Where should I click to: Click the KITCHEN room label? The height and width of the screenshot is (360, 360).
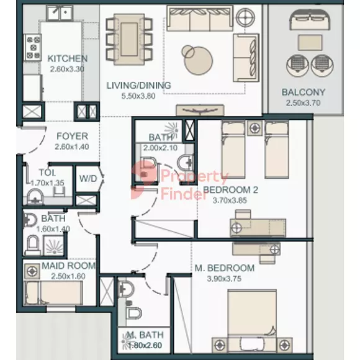pos(67,58)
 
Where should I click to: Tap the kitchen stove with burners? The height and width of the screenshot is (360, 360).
pos(33,47)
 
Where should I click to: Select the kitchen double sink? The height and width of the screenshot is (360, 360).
pos(60,13)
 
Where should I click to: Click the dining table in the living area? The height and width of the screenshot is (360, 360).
pos(129,39)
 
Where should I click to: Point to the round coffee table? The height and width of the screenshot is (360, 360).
pos(198,60)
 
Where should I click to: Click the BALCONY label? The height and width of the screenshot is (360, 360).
pos(304,92)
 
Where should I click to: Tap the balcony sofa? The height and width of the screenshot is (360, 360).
pos(310,20)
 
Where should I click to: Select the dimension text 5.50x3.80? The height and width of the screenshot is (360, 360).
pos(138,96)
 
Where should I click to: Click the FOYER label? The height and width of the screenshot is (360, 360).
pos(73,136)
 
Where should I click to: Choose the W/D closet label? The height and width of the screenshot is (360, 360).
pos(88,178)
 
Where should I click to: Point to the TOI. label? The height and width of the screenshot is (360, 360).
pos(47,173)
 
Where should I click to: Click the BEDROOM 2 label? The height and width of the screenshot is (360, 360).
pos(230,190)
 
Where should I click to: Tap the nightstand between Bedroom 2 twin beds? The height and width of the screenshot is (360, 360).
pos(255,128)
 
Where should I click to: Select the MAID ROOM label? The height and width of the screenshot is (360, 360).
pos(69,266)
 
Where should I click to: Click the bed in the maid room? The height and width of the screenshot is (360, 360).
pos(53,293)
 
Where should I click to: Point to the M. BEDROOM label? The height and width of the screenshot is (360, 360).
pos(224,268)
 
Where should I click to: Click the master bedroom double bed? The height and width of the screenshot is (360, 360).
pos(252,321)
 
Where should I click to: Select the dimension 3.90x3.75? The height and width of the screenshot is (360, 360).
pos(224,279)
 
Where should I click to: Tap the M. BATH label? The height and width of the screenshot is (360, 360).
pos(145,335)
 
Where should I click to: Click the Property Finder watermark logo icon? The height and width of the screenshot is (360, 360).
pos(143,180)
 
